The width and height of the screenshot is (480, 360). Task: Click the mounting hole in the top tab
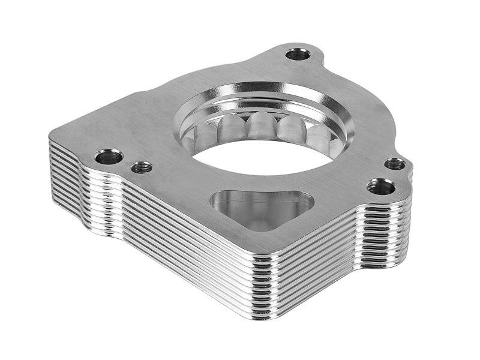click(x=298, y=55)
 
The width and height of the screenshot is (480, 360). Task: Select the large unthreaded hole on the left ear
click(x=109, y=157)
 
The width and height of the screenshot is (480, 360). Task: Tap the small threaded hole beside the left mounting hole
click(x=142, y=167)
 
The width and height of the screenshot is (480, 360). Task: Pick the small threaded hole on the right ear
click(x=394, y=163)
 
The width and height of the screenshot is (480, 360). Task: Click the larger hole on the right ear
click(x=381, y=187)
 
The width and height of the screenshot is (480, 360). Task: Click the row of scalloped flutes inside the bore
click(x=264, y=128)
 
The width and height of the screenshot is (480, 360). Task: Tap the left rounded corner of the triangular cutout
click(x=220, y=199)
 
